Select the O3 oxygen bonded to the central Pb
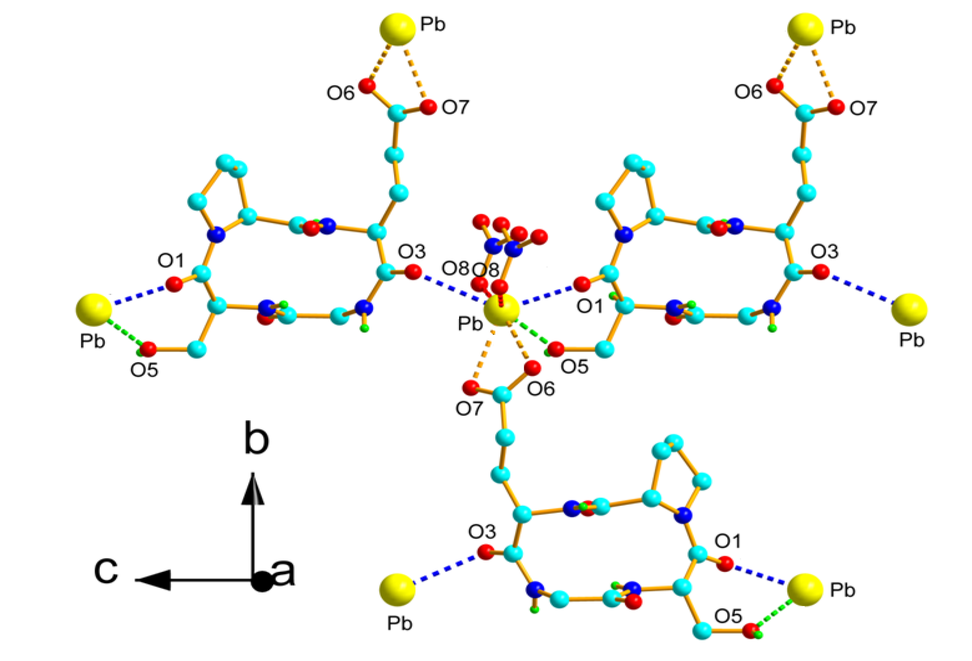coord(413,272)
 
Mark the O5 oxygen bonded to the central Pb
coord(556,349)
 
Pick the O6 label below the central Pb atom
coord(540,389)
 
